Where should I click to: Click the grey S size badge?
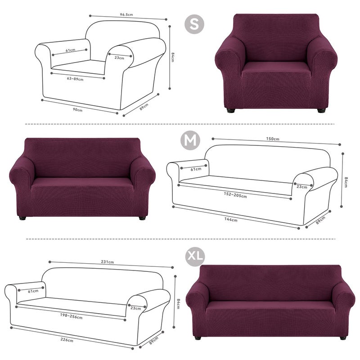pos(194,24)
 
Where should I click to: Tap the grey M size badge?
pos(190,140)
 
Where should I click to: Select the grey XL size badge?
pos(195,256)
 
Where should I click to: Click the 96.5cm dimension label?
pos(126,15)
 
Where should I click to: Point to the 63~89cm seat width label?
pos(75,79)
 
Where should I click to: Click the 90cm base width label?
pos(77,110)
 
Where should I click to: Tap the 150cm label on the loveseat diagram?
pos(273,139)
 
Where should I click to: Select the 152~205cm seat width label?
pos(235,195)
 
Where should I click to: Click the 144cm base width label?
pos(231,220)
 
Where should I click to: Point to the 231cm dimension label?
pos(107,262)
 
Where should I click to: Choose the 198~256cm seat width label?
pos(71,316)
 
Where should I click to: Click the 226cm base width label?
pos(67,340)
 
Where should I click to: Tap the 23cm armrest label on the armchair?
pos(119,58)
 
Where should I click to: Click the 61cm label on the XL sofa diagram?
pos(33,291)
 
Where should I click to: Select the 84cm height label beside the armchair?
pos(173,57)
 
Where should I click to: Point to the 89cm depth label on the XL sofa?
pos(153,341)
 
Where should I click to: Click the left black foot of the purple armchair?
pos(231,110)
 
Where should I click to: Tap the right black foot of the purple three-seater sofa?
pos(343,338)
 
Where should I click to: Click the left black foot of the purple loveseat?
pos(22,218)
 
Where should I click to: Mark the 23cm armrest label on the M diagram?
pos(301,187)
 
